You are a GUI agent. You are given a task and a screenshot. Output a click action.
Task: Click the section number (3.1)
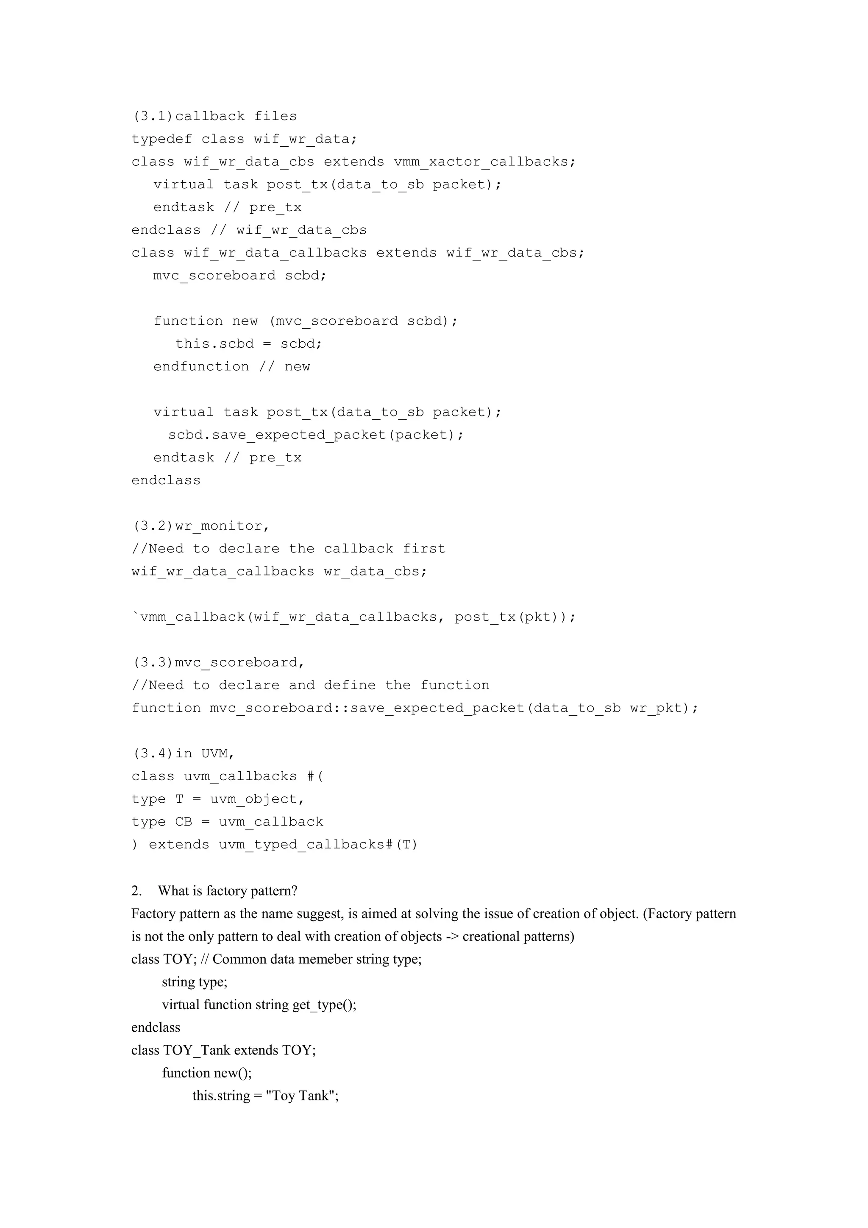pyautogui.click(x=153, y=116)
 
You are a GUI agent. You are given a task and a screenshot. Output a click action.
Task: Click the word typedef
pyautogui.click(x=161, y=139)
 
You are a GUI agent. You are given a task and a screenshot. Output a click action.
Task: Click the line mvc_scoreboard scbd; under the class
pyautogui.click(x=239, y=276)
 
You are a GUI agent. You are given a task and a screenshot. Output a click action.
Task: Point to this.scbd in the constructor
pyautogui.click(x=215, y=343)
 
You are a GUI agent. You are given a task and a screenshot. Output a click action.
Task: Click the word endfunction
pyautogui.click(x=201, y=366)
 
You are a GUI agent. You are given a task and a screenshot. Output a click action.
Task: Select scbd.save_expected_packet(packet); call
pyautogui.click(x=316, y=435)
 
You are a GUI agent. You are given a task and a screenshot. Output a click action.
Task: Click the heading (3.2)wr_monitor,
pyautogui.click(x=201, y=526)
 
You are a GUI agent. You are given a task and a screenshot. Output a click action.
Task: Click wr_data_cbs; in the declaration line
pyautogui.click(x=375, y=571)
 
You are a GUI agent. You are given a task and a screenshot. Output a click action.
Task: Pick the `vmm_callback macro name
pyautogui.click(x=189, y=617)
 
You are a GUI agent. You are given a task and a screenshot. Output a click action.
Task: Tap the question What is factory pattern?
pyautogui.click(x=228, y=890)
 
